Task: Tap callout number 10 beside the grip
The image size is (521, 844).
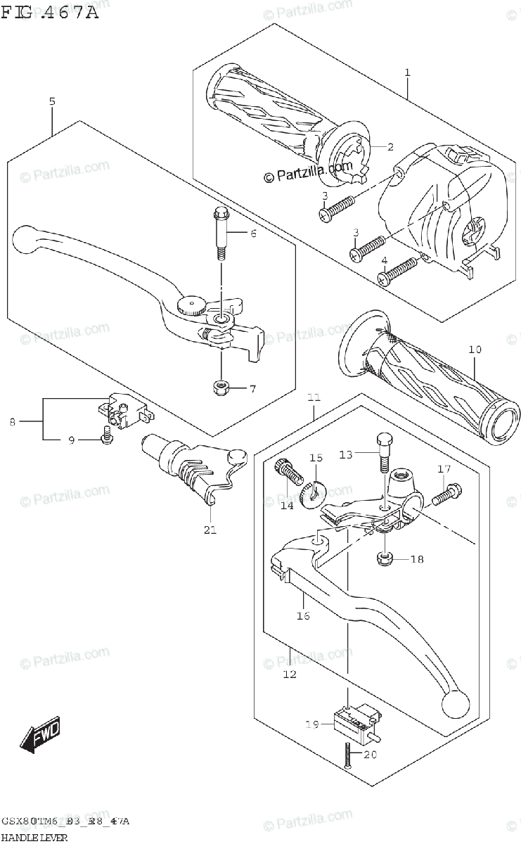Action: tap(475, 349)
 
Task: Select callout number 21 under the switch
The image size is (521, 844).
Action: tap(210, 530)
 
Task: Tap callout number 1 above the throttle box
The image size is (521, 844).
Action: tap(407, 72)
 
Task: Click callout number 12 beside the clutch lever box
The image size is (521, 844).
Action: tap(290, 674)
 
